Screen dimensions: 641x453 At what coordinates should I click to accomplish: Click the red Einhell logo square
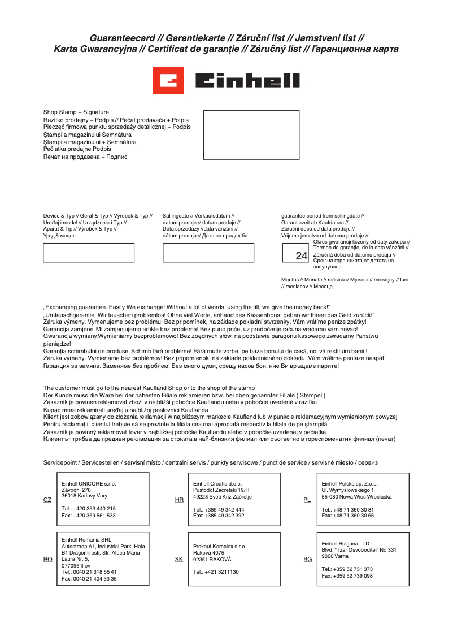point(169,81)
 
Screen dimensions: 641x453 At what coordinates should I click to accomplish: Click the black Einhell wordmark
point(247,81)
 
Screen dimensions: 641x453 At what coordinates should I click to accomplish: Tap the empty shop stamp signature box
point(251,135)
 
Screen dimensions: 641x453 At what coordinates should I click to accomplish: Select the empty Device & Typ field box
point(89,253)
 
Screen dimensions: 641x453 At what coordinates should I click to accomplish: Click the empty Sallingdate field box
point(208,253)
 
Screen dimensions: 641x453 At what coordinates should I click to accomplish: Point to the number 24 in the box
point(301,256)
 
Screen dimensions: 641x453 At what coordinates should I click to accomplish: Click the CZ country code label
point(47,500)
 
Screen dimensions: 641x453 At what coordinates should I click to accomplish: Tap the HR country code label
point(179,500)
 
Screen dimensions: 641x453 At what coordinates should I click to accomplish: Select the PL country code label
point(307,500)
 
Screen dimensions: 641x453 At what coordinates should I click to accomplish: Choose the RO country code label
point(47,559)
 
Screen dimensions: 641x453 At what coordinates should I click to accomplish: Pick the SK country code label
point(179,559)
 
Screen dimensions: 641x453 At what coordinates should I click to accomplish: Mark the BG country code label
point(307,559)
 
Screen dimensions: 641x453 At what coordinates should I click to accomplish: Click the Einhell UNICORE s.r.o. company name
point(89,484)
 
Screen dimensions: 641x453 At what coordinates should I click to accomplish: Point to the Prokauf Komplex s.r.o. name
point(220,547)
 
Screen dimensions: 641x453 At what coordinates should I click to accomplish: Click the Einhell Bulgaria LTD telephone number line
point(347,569)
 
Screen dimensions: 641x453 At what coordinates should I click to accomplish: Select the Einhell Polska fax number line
point(347,516)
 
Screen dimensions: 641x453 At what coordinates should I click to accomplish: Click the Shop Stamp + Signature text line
point(76,112)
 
